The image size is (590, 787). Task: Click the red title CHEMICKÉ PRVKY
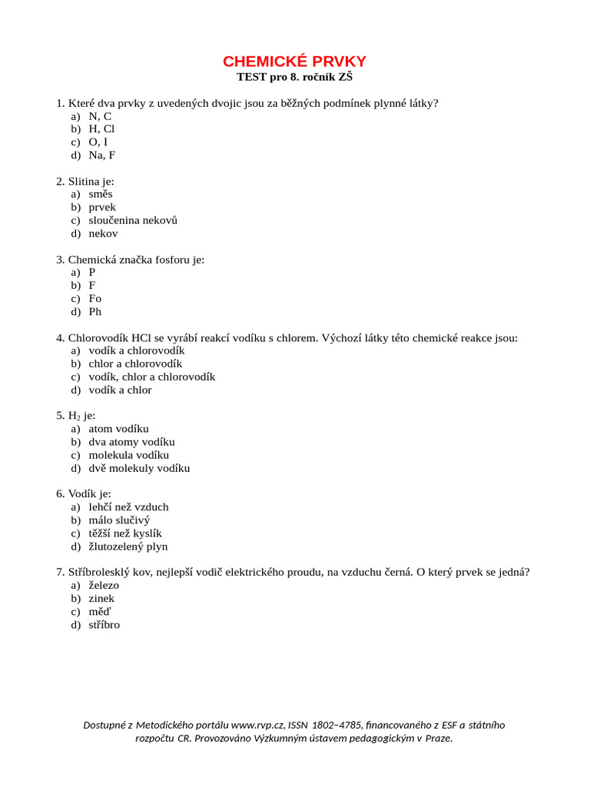click(295, 61)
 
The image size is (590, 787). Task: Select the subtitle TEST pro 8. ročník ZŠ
click(295, 78)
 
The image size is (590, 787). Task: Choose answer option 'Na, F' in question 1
click(101, 155)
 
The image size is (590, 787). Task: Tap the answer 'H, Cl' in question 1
click(101, 129)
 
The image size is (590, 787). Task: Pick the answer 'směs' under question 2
click(100, 194)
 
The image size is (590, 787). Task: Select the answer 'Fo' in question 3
click(94, 299)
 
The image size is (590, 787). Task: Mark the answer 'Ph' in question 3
click(94, 312)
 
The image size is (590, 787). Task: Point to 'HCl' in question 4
click(142, 338)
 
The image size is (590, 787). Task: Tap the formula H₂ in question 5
click(75, 417)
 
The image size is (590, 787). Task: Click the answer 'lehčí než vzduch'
click(128, 507)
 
